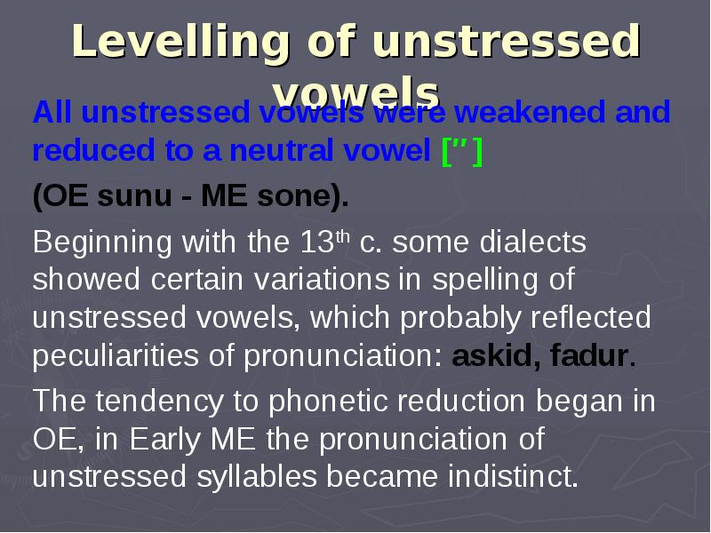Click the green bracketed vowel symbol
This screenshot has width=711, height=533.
click(x=462, y=152)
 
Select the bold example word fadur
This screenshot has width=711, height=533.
click(x=589, y=357)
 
